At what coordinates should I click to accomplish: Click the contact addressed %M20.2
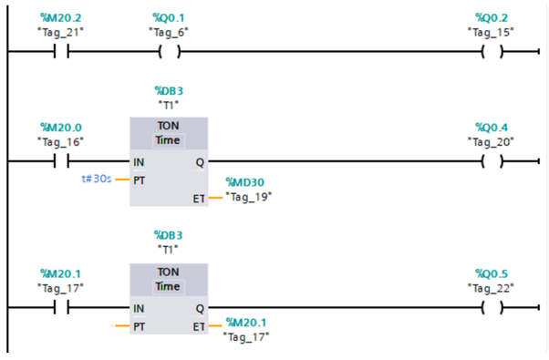pyautogui.click(x=61, y=51)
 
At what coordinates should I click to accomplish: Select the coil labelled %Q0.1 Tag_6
pyautogui.click(x=170, y=51)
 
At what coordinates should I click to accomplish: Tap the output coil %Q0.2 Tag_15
pyautogui.click(x=492, y=51)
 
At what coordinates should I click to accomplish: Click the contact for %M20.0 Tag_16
pyautogui.click(x=61, y=161)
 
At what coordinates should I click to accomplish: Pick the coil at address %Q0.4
pyautogui.click(x=492, y=161)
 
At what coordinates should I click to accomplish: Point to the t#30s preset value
pyautogui.click(x=97, y=179)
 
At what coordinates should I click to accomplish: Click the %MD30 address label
pyautogui.click(x=244, y=182)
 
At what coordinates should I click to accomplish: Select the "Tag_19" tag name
pyautogui.click(x=249, y=197)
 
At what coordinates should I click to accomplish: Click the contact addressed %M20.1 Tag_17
pyautogui.click(x=61, y=307)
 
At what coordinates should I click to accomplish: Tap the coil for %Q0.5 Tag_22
pyautogui.click(x=492, y=307)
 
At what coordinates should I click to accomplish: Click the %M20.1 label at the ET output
pyautogui.click(x=246, y=323)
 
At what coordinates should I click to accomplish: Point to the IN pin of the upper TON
pyautogui.click(x=139, y=162)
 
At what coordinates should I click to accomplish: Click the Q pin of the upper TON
pyautogui.click(x=200, y=162)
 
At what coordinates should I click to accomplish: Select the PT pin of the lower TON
pyautogui.click(x=139, y=327)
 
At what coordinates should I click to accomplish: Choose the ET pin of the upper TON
pyautogui.click(x=199, y=199)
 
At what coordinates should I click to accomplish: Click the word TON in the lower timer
pyautogui.click(x=168, y=272)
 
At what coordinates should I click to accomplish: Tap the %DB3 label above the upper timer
pyautogui.click(x=169, y=91)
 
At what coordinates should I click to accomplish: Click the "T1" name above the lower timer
pyautogui.click(x=168, y=250)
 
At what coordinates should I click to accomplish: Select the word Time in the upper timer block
pyautogui.click(x=168, y=140)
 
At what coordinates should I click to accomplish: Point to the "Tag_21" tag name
pyautogui.click(x=60, y=32)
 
